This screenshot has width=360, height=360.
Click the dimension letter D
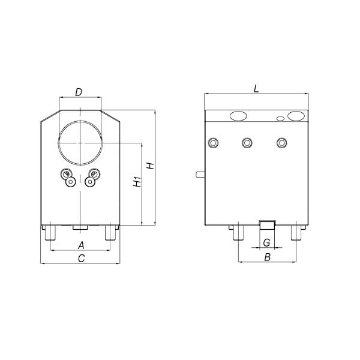(79, 92)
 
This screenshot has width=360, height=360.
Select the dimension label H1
(137, 181)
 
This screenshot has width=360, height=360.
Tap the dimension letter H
(151, 166)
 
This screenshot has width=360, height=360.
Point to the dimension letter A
(81, 245)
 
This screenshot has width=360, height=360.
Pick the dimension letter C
(81, 258)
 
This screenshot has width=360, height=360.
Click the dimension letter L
(256, 89)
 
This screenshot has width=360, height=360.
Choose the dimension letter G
(266, 242)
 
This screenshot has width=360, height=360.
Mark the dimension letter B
(267, 257)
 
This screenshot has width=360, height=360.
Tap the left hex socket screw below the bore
(71, 182)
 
